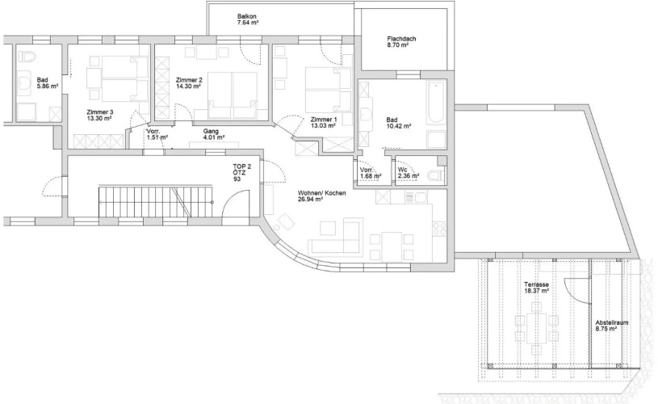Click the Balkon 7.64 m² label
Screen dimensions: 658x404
[247, 19]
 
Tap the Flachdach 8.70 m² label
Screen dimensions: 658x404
[401, 41]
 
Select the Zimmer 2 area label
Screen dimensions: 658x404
[189, 82]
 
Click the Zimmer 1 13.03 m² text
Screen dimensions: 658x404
[323, 122]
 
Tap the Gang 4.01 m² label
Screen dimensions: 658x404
[214, 134]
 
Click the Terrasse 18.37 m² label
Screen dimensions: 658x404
[536, 288]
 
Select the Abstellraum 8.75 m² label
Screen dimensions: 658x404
[611, 326]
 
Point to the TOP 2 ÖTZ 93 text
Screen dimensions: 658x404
[241, 173]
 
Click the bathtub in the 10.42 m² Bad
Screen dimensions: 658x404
[436, 103]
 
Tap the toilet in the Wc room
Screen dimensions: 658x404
[436, 175]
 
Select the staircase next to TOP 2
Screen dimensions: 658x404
[156, 202]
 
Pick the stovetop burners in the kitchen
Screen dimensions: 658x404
[439, 229]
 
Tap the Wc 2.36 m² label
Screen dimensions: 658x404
[409, 173]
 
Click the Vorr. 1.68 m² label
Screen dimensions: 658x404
[371, 173]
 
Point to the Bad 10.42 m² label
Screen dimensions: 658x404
[398, 123]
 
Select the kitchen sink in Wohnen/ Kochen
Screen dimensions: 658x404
[416, 197]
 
